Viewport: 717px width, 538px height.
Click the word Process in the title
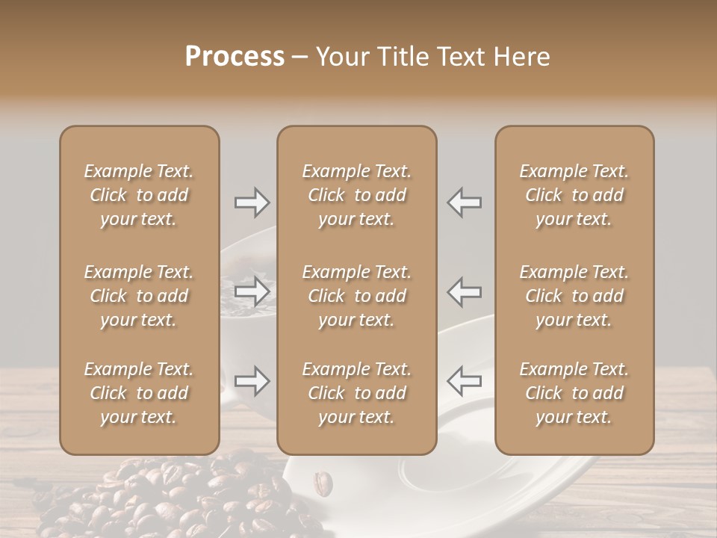tap(235, 57)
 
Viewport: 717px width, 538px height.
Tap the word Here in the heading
tap(521, 57)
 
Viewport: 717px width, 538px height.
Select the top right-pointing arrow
tap(252, 202)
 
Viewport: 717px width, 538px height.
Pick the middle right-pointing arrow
tap(252, 291)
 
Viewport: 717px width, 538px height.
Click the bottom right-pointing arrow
tap(252, 381)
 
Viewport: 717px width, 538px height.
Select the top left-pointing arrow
tap(464, 202)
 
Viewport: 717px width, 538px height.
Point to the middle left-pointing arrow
tap(464, 291)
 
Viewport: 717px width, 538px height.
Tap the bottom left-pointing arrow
tap(464, 381)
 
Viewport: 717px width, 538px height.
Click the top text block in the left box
tap(139, 195)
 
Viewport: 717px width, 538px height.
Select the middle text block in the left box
tap(139, 296)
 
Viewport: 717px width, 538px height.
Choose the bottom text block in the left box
tap(139, 393)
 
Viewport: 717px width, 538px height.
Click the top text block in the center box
tap(356, 195)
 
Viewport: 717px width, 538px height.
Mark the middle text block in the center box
tap(356, 296)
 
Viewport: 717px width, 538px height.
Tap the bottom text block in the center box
tap(356, 393)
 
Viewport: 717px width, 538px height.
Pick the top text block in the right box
tap(574, 195)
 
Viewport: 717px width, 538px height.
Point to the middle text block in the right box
tap(574, 296)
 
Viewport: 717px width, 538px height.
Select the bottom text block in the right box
tap(574, 393)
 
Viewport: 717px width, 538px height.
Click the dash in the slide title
tap(300, 58)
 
